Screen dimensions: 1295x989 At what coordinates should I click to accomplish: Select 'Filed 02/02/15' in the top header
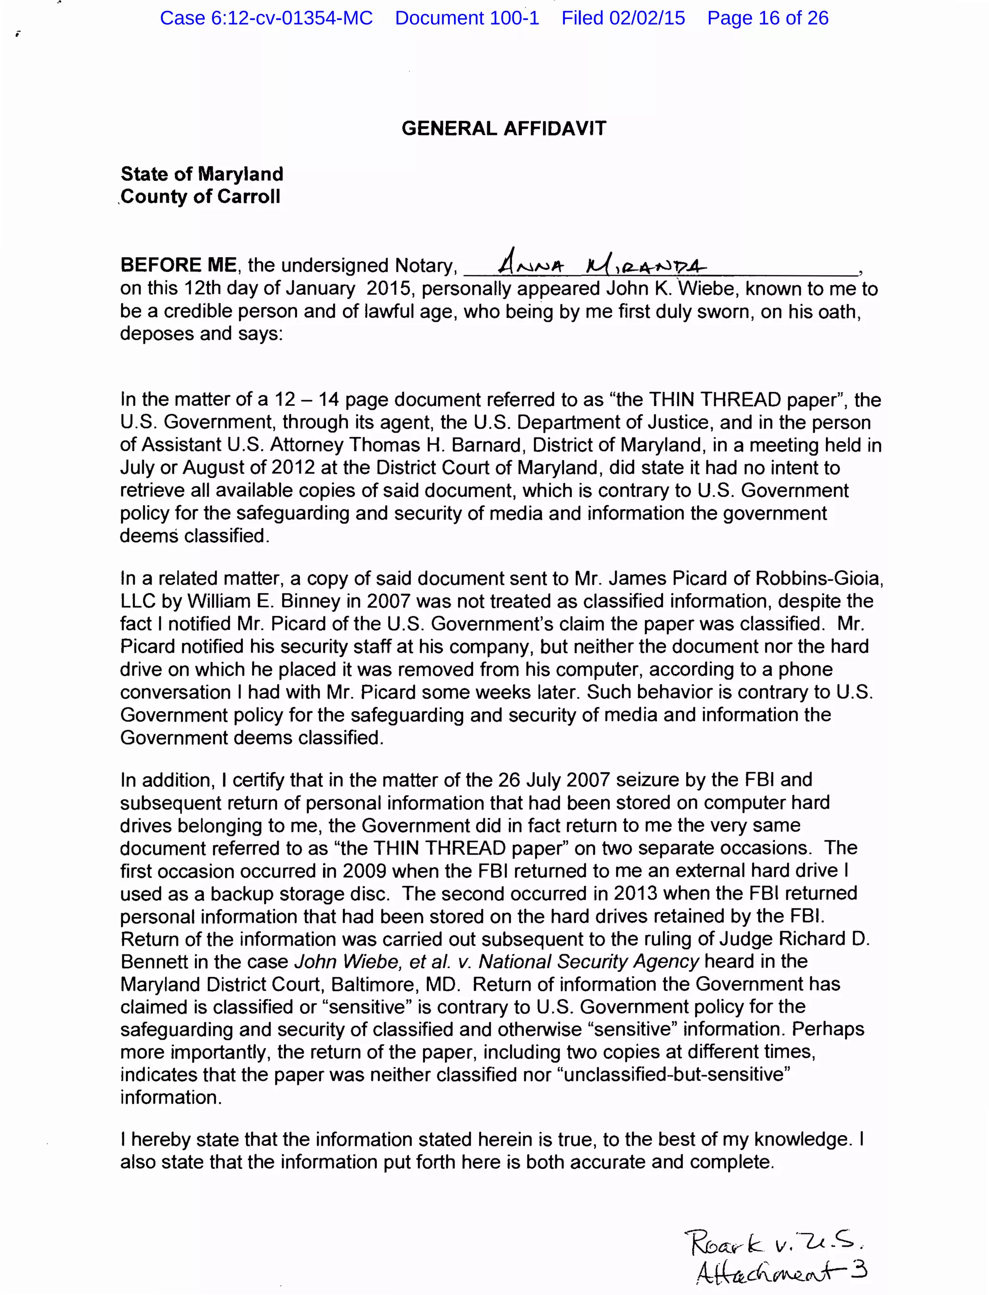click(623, 18)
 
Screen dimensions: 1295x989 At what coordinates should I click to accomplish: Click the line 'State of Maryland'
click(202, 174)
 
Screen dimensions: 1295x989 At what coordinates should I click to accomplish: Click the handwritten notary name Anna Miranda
click(600, 265)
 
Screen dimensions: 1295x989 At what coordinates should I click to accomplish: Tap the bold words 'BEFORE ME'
click(178, 265)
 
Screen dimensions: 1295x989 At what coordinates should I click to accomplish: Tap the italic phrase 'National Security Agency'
click(588, 961)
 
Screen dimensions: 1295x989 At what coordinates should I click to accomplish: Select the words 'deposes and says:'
click(201, 334)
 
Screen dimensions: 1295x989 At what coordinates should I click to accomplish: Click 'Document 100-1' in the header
click(467, 18)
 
